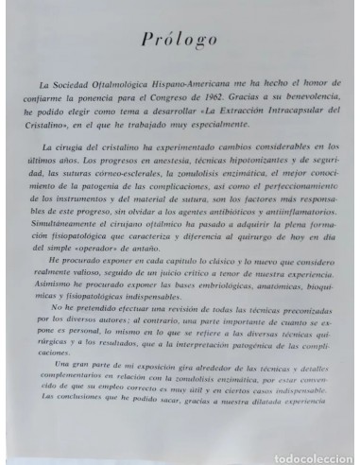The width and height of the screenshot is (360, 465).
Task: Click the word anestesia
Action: (x=177, y=160)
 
